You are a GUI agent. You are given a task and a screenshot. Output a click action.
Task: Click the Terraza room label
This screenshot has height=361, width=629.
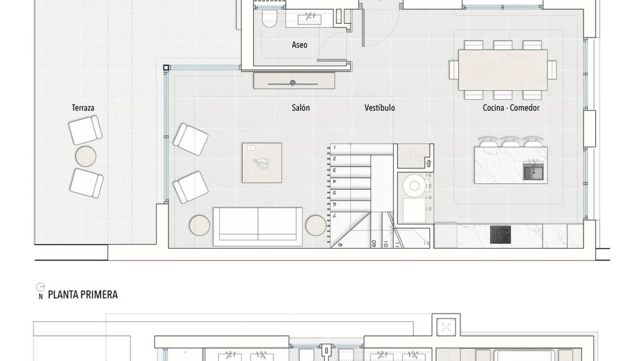click(x=83, y=108)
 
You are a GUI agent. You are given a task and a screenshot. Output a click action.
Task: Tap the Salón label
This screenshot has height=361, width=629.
click(x=300, y=108)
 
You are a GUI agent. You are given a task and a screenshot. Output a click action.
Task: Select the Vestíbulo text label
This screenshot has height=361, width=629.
click(x=380, y=108)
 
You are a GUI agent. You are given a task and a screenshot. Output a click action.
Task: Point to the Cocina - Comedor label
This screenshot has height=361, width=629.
click(x=511, y=108)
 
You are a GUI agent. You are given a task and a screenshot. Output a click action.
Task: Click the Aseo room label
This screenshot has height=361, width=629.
click(x=299, y=45)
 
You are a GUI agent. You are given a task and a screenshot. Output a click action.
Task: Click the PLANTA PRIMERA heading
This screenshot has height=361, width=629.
click(x=82, y=295)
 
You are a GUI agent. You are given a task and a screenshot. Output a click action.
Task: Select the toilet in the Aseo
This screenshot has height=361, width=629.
click(x=270, y=19)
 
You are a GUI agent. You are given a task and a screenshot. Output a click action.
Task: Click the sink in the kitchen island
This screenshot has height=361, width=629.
click(x=533, y=171)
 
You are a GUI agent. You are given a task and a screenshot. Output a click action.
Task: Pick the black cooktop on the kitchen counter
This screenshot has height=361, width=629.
click(x=500, y=234)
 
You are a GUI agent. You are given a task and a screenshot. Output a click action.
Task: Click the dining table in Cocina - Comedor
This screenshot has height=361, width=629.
click(x=503, y=70)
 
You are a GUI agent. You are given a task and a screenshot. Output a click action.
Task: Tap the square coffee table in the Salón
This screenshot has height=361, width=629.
click(x=262, y=163)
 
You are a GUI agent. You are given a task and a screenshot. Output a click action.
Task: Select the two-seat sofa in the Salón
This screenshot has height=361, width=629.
click(x=258, y=226)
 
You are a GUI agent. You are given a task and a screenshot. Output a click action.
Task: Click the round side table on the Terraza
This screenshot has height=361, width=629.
click(x=86, y=156)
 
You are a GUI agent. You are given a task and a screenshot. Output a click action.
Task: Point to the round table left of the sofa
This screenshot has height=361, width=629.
click(x=199, y=225)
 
